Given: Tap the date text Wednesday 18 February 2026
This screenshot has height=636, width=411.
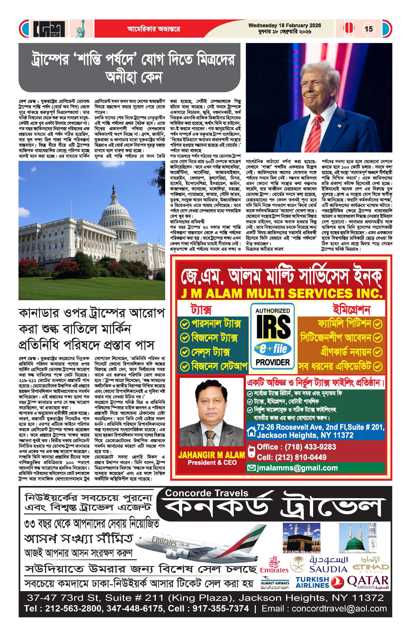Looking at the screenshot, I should click(x=285, y=26).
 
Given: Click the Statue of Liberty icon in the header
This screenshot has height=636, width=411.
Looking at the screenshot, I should click(x=80, y=29).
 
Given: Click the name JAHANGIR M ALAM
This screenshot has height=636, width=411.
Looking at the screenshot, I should click(x=211, y=455).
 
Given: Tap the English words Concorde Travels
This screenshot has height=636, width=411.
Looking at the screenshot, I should click(x=207, y=493).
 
